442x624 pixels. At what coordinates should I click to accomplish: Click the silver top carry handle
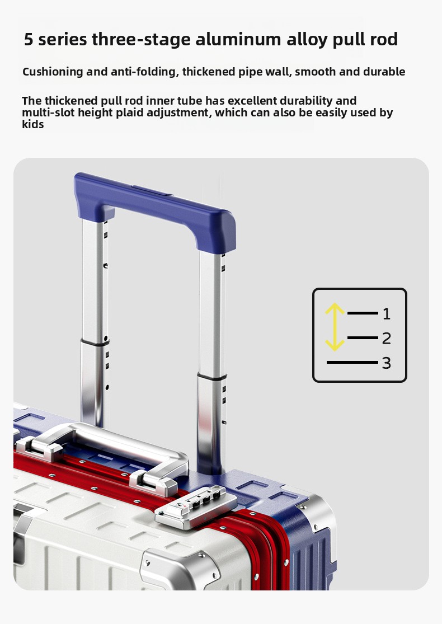tap(107, 454)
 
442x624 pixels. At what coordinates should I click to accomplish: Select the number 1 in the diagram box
tap(386, 314)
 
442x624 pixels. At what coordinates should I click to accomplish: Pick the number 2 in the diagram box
tap(386, 339)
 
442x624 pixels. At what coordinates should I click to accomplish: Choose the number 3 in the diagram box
tap(386, 363)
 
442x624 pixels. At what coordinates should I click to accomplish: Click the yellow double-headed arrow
tap(335, 327)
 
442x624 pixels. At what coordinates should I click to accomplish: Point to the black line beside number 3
tap(352, 363)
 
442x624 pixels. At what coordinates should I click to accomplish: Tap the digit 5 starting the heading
tap(28, 40)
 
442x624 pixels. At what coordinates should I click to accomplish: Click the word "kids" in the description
tap(32, 125)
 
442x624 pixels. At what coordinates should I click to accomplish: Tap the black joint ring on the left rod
tap(95, 343)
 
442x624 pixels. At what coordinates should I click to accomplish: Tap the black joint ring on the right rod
tap(211, 376)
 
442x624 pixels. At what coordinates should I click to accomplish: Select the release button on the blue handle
tap(152, 191)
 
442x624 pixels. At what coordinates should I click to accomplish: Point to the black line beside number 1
tap(363, 313)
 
